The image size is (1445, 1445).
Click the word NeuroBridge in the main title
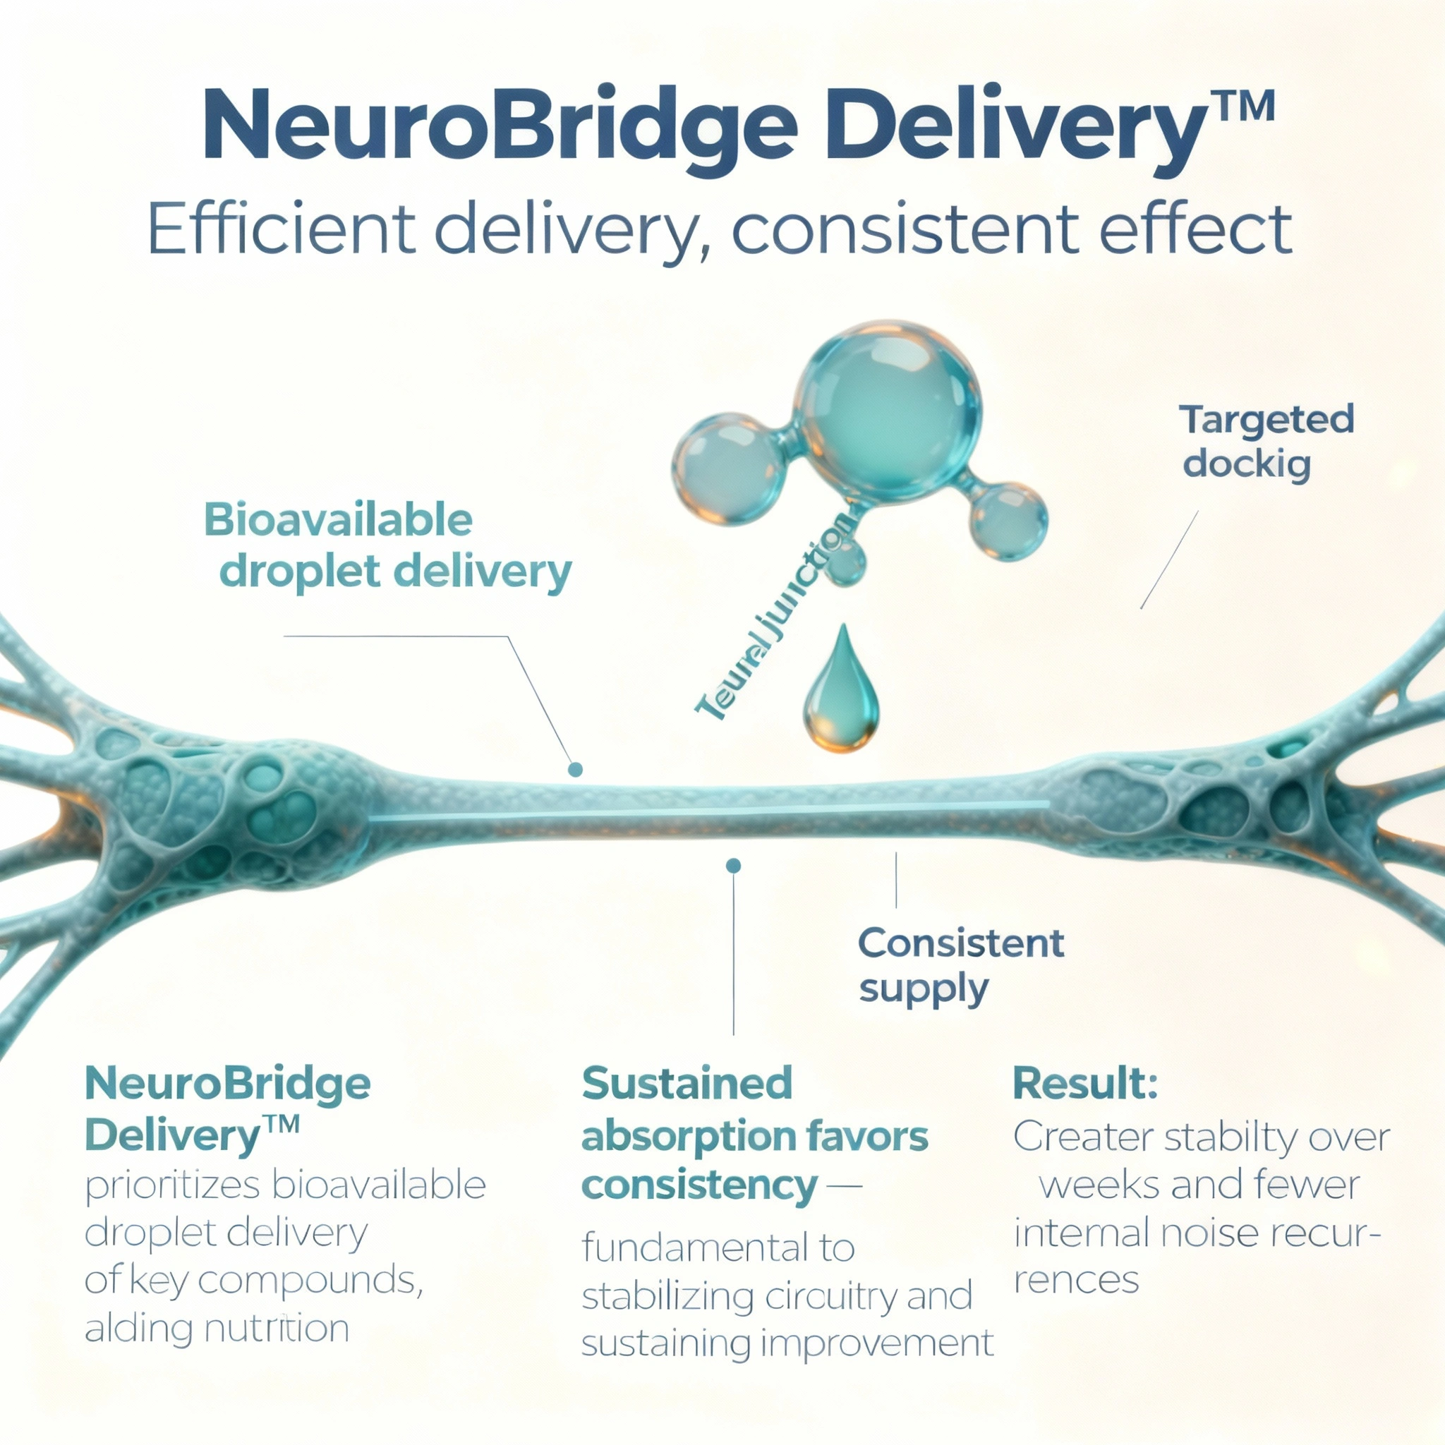[500, 126]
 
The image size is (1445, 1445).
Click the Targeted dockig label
[1266, 441]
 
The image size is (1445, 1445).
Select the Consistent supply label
[960, 966]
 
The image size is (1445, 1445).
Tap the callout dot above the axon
[575, 769]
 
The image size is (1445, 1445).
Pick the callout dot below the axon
[733, 865]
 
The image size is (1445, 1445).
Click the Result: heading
[1084, 1083]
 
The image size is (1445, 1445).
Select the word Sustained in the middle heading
[687, 1083]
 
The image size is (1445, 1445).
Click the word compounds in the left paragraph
[307, 1281]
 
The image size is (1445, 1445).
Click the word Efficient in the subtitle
[282, 229]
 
